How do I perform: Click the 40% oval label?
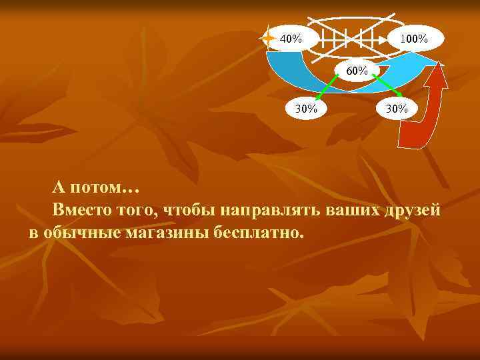(x=290, y=38)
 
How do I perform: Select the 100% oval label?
(x=414, y=39)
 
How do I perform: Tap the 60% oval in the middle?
(x=357, y=69)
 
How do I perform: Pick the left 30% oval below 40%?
(x=306, y=107)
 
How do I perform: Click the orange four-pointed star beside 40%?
(x=268, y=38)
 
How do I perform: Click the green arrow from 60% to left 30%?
(x=327, y=87)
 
